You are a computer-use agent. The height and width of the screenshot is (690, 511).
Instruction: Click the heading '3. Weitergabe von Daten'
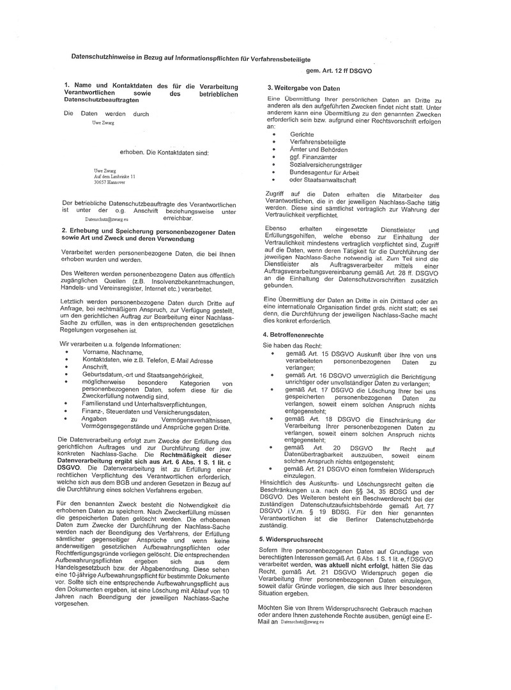[303, 88]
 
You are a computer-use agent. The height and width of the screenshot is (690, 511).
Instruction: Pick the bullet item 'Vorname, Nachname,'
[112, 352]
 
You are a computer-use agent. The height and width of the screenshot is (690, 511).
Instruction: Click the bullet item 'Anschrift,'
[95, 367]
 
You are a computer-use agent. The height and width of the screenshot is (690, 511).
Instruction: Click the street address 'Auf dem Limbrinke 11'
[114, 176]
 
